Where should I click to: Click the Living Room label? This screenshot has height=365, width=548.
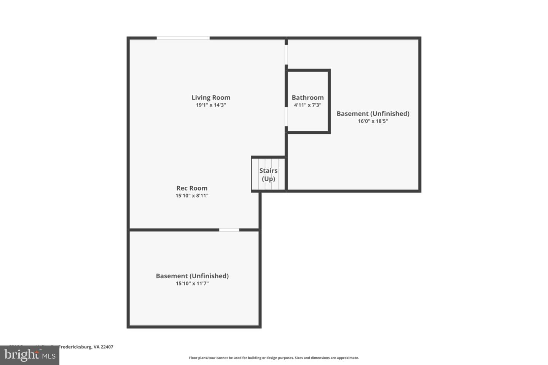coord(211,97)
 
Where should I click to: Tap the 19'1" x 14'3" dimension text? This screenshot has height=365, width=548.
coord(211,105)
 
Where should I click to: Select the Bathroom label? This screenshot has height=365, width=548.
coord(307,98)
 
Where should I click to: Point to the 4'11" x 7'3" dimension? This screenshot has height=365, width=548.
coord(307,105)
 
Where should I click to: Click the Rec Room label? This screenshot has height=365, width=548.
coord(192,188)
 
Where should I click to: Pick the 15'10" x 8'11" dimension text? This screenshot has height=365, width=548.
coord(192,196)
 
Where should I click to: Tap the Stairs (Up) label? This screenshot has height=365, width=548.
coord(268,175)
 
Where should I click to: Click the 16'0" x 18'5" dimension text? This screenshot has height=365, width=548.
coord(373,121)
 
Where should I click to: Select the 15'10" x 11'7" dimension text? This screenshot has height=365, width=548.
coord(192,284)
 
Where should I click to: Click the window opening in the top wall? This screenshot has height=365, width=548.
coord(183,38)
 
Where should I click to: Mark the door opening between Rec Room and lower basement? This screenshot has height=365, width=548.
coord(229,230)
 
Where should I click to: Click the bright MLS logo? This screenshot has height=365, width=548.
coord(30,355)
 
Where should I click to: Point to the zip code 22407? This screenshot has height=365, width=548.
coord(107,347)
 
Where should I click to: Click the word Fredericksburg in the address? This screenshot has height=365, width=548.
coord(75,347)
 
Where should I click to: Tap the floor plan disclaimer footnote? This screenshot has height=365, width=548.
coord(274,358)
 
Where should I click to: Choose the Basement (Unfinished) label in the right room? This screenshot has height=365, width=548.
coord(373,113)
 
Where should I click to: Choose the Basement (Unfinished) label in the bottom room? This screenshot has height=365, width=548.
coord(192,276)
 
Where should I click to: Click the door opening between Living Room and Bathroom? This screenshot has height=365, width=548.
coord(286,117)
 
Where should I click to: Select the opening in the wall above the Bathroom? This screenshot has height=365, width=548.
coord(286,55)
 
